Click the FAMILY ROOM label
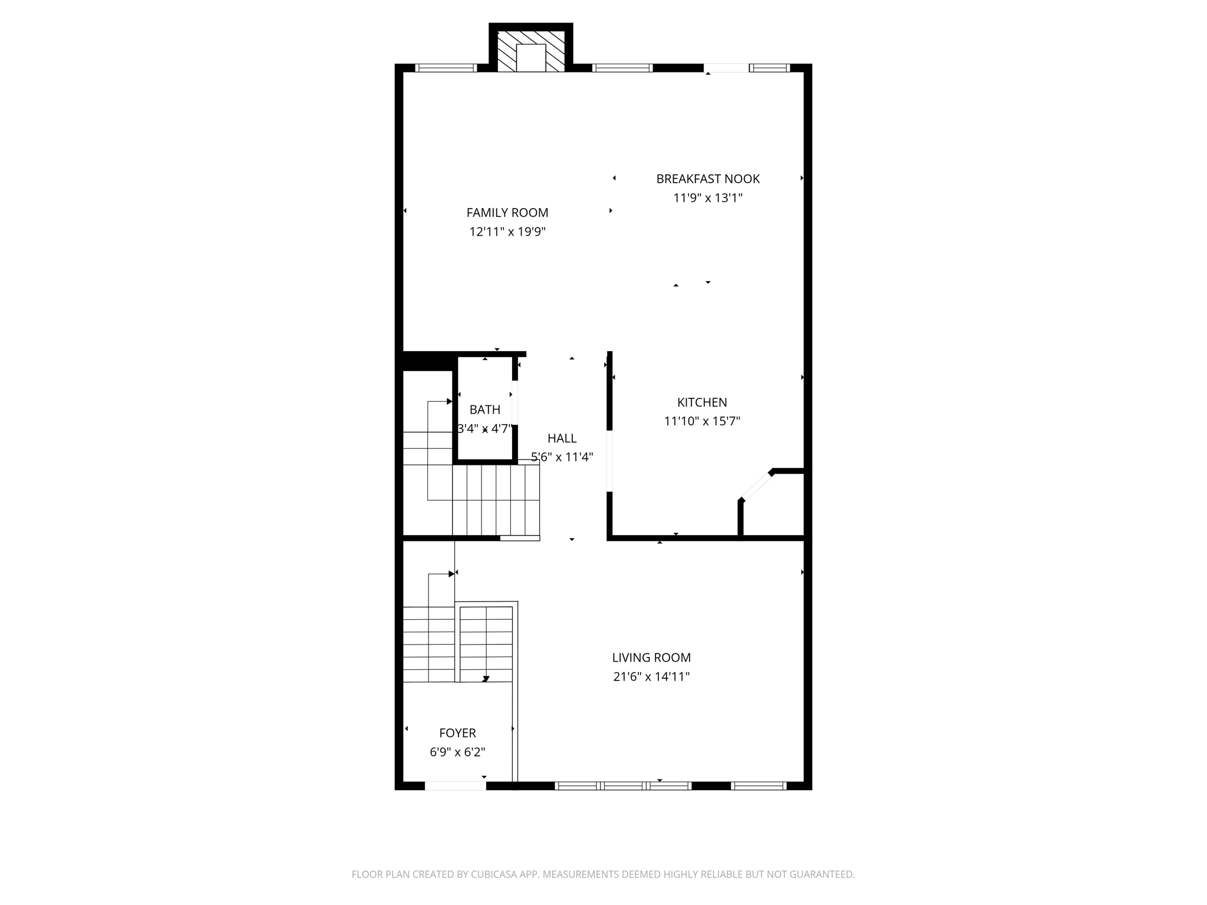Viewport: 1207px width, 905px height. pos(507,213)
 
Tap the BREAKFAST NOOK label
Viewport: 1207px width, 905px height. pos(708,179)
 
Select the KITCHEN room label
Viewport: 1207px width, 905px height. pos(702,402)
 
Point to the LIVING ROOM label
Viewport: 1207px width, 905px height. pos(651,658)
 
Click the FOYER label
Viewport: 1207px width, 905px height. pos(457,733)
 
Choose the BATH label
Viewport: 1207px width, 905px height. pos(485,409)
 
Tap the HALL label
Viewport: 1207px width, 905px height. pos(562,438)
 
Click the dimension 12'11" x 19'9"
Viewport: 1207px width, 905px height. pos(507,232)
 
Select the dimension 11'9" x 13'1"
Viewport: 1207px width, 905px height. pos(708,197)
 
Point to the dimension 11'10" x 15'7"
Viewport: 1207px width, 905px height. pos(702,421)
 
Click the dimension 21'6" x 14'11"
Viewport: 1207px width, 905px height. pos(651,676)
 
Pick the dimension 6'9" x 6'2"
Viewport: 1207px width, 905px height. pos(457,752)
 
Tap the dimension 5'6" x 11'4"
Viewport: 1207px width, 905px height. pos(562,457)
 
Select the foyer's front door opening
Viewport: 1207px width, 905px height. pos(456,785)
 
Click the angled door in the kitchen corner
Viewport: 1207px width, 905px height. pos(757,486)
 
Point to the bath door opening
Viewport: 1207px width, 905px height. pos(515,403)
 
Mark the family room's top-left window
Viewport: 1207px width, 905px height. pos(446,68)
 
